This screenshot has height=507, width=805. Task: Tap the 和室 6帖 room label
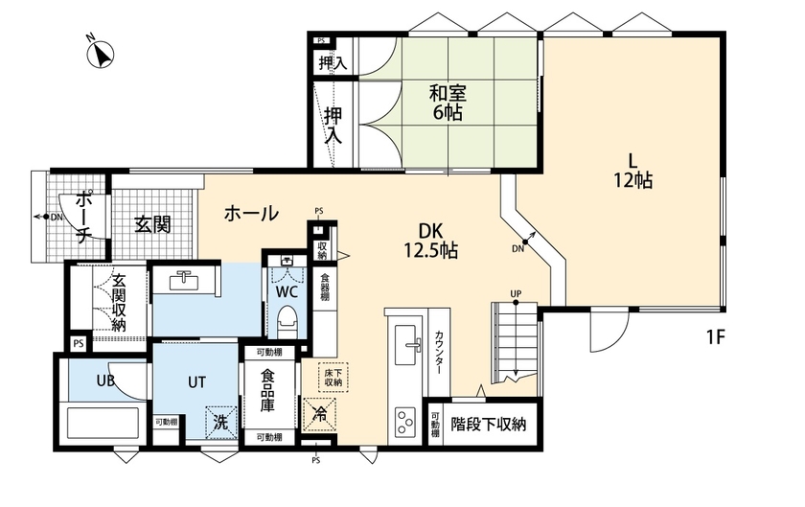(447, 104)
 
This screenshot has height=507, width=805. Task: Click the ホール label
(251, 213)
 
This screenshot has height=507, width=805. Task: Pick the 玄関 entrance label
(152, 225)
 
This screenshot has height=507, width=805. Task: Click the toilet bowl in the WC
(287, 317)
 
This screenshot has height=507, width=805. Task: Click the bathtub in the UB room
(102, 421)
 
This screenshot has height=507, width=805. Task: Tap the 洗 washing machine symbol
(220, 420)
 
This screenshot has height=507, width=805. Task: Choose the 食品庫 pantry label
(269, 392)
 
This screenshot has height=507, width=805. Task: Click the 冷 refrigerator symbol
(319, 415)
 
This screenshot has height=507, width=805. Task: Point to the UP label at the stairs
(516, 292)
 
